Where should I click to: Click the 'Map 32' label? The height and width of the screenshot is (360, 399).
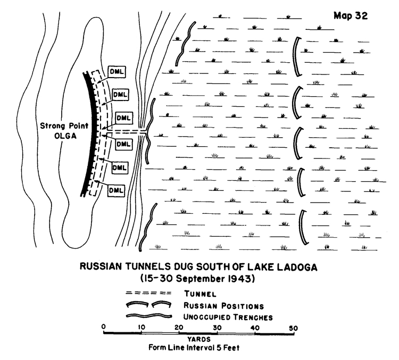(351, 16)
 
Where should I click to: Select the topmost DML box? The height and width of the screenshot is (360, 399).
(117, 72)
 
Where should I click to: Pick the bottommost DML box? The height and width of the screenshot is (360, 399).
(116, 190)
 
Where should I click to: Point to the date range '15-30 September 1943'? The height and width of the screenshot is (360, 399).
(197, 279)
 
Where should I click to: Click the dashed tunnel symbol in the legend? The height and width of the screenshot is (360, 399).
(148, 294)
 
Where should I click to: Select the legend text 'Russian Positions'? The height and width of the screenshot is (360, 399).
(223, 306)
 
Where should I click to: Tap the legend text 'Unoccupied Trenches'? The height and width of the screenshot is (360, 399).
(228, 317)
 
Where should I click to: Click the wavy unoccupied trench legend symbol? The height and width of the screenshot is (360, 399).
(149, 316)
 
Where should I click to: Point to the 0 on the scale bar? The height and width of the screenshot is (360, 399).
(103, 326)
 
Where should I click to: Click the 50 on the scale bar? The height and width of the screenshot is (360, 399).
(293, 328)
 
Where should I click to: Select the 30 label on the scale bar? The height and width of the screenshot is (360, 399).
(217, 328)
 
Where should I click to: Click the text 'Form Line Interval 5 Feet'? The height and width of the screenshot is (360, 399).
(194, 348)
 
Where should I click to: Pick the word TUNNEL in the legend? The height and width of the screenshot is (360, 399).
(200, 294)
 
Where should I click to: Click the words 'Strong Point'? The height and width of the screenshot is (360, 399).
(64, 126)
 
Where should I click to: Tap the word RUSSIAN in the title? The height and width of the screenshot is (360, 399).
(100, 266)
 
